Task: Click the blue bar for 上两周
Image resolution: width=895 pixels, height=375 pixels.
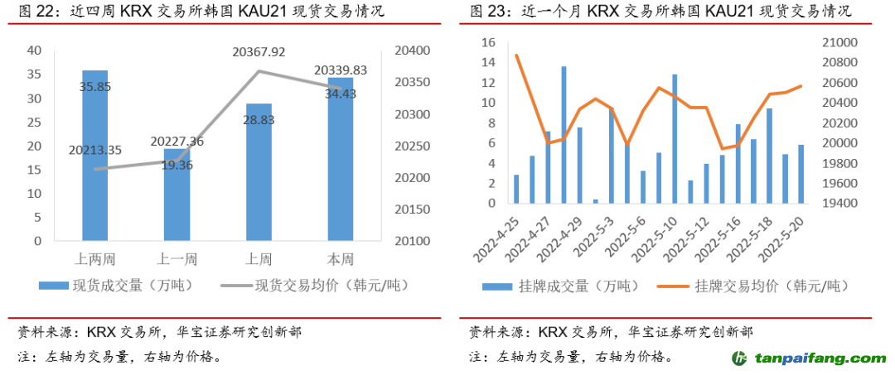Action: [x=94, y=157]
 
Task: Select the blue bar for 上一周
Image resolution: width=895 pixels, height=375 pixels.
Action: [x=177, y=195]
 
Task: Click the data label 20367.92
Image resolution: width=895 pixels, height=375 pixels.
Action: [x=259, y=51]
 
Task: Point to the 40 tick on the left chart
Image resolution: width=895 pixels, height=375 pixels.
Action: [x=34, y=50]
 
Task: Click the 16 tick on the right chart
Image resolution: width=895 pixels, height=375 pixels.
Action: [x=488, y=42]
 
